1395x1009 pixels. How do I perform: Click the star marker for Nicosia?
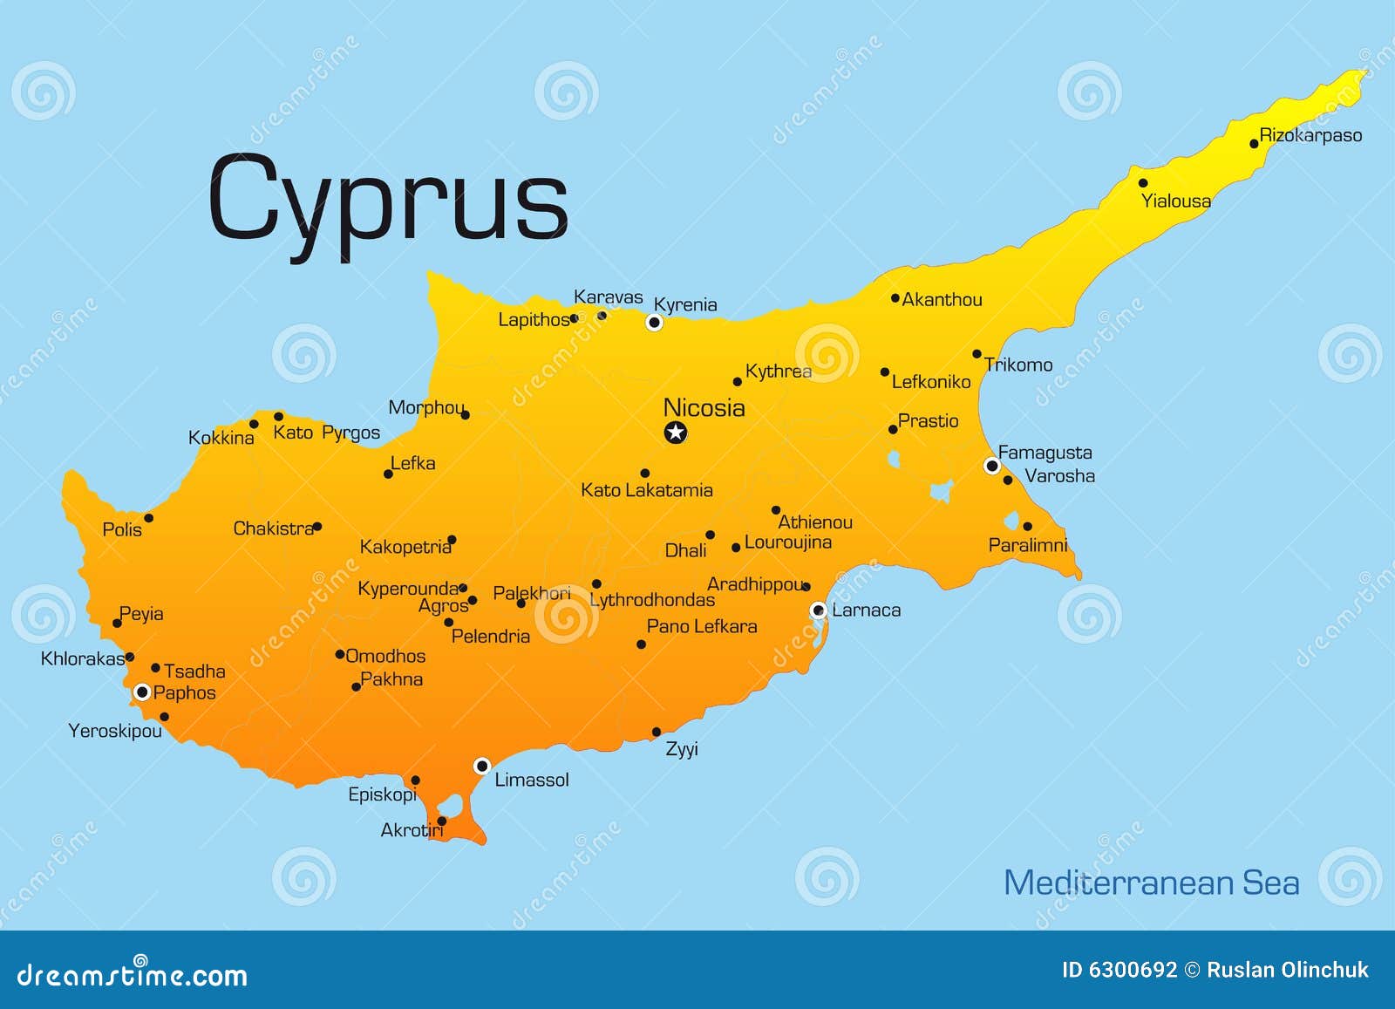pos(676,432)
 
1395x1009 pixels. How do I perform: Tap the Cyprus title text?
pos(388,199)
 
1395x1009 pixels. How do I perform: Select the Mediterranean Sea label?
pos(1151,883)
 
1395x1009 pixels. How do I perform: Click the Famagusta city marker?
pos(991,466)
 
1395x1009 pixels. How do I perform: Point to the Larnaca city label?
pos(866,610)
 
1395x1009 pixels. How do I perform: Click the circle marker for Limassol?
pos(481,766)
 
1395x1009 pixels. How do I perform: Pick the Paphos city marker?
pos(142,692)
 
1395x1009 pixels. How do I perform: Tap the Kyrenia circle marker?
pos(654,323)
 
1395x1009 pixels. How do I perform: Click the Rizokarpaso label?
pos(1310,135)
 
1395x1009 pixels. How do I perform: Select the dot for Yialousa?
pos(1143,183)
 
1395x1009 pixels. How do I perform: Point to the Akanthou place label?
pos(942,300)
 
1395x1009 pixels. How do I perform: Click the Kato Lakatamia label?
pos(647,490)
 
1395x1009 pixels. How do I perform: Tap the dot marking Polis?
pos(149,518)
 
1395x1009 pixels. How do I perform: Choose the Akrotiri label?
pos(412,830)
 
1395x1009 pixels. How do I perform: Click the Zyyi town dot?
pos(657,733)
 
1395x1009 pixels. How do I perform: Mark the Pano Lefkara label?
pos(702,626)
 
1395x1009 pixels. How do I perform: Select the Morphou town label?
pos(425,407)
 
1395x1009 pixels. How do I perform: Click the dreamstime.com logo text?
pos(133,974)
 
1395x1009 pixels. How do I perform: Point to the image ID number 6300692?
pos(1133,970)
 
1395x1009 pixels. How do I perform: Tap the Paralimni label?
pos(1027,545)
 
